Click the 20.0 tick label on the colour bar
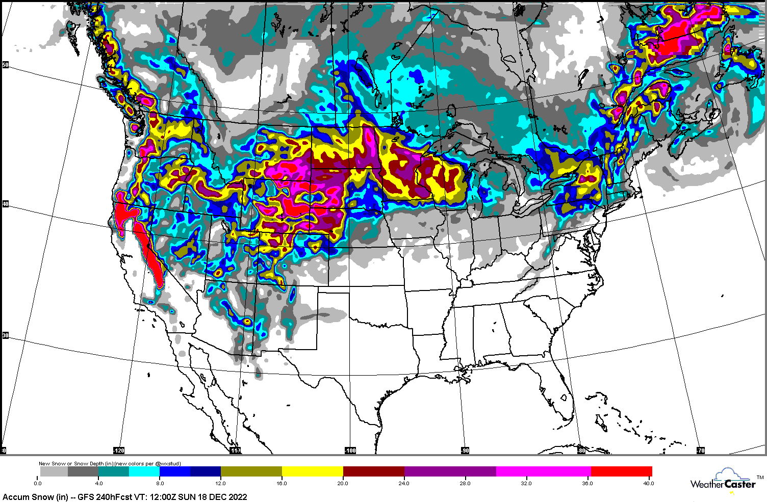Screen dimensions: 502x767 pos(343,483)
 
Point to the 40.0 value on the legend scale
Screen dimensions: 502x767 pos(648,483)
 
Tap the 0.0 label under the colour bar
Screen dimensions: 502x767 pos(38,483)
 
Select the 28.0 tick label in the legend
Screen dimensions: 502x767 pos(465,483)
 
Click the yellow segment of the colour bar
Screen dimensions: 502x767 pos(312,471)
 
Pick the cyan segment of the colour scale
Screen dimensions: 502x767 pos(144,471)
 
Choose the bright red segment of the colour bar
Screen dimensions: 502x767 pos(621,471)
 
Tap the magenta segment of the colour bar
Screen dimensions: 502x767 pos(543,471)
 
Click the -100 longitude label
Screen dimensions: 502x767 pos(350,451)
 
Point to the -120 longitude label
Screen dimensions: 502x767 pos(118,451)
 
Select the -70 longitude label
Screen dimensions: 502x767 pos(701,451)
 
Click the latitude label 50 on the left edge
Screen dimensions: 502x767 pos(6,65)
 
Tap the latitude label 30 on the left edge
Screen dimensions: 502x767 pos(6,335)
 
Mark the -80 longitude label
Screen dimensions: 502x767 pos(581,451)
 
